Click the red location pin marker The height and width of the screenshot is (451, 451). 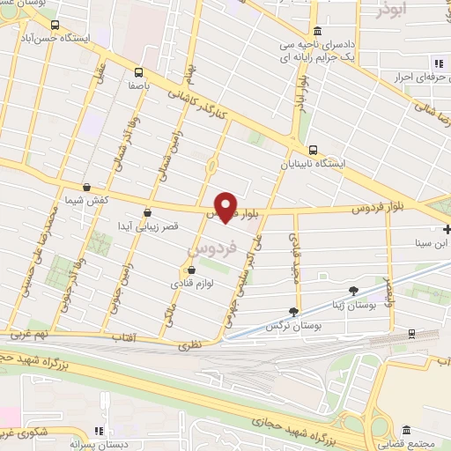click(226, 206)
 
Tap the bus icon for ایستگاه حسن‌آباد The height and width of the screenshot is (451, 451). click(56, 26)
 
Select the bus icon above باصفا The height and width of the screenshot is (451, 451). click(137, 72)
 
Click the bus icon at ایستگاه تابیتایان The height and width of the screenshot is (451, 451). click(313, 149)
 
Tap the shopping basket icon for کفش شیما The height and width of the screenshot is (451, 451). click(86, 187)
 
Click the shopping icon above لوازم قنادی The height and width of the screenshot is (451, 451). click(191, 270)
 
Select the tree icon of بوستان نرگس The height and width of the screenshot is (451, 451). click(293, 311)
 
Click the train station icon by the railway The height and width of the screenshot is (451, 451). click(411, 334)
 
